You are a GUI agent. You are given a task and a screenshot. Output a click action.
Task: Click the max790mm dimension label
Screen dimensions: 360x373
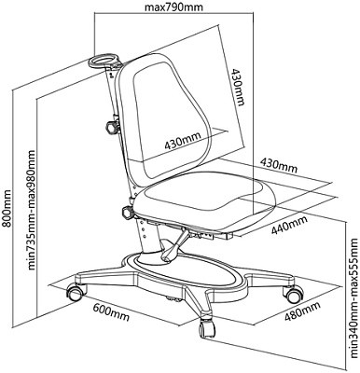pyautogui.click(x=173, y=6)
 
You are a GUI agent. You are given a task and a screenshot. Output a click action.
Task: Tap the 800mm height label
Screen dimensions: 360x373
pyautogui.click(x=6, y=208)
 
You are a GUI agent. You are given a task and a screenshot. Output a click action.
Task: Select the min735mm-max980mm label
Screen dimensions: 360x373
pyautogui.click(x=32, y=210)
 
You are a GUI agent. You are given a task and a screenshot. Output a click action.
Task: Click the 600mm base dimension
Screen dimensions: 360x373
pyautogui.click(x=111, y=311)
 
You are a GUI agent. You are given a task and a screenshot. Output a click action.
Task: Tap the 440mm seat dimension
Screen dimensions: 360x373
pyautogui.click(x=289, y=224)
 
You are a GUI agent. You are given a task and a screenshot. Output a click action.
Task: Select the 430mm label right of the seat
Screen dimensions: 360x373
pyautogui.click(x=279, y=165)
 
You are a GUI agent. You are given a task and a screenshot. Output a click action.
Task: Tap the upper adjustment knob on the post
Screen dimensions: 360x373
pyautogui.click(x=113, y=127)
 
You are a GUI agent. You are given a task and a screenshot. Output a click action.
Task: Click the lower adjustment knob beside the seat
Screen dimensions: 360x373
pyautogui.click(x=128, y=213)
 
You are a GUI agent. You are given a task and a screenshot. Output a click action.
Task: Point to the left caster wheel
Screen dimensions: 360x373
pyautogui.click(x=76, y=292)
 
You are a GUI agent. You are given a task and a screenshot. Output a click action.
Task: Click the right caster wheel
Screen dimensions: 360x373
pyautogui.click(x=294, y=294)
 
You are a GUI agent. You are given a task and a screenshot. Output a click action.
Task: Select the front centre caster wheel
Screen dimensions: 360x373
pyautogui.click(x=207, y=328)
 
